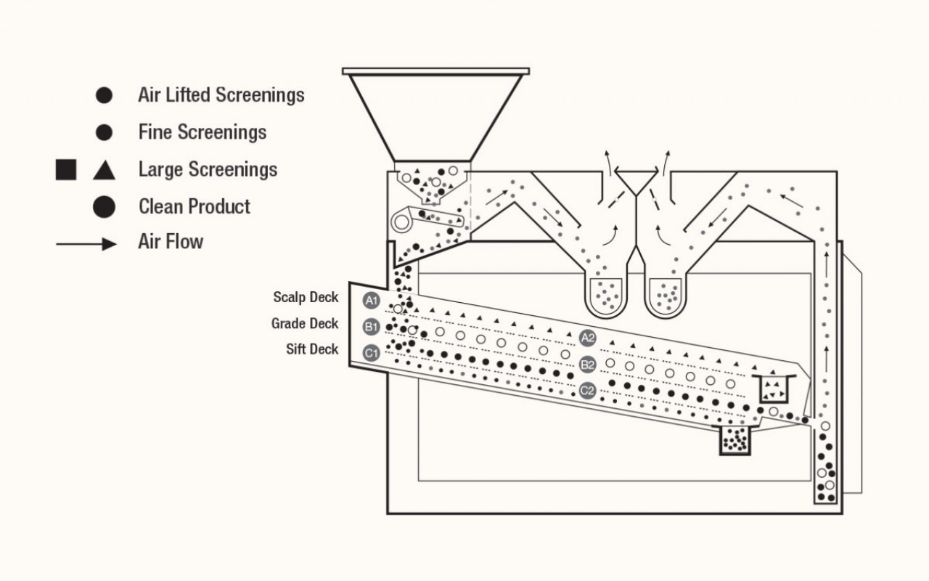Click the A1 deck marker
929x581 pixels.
pyautogui.click(x=372, y=300)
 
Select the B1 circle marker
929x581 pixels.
pyautogui.click(x=372, y=326)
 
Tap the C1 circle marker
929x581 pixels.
pyautogui.click(x=372, y=354)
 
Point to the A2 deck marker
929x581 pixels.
pyautogui.click(x=588, y=338)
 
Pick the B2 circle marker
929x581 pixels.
pyautogui.click(x=588, y=365)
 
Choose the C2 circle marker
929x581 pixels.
pyautogui.click(x=588, y=391)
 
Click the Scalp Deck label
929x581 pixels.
pyautogui.click(x=306, y=298)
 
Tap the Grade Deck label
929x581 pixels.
pyautogui.click(x=305, y=324)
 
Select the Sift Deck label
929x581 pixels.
pyautogui.click(x=312, y=349)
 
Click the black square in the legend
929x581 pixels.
pyautogui.click(x=66, y=170)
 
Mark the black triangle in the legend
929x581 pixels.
pyautogui.click(x=104, y=171)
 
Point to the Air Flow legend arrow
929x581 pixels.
pyautogui.click(x=86, y=244)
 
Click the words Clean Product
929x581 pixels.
pyautogui.click(x=195, y=206)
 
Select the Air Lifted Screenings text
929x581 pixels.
pyautogui.click(x=221, y=95)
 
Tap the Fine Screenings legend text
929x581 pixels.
pyautogui.click(x=202, y=132)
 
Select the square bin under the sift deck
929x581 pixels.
pyautogui.click(x=734, y=440)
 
